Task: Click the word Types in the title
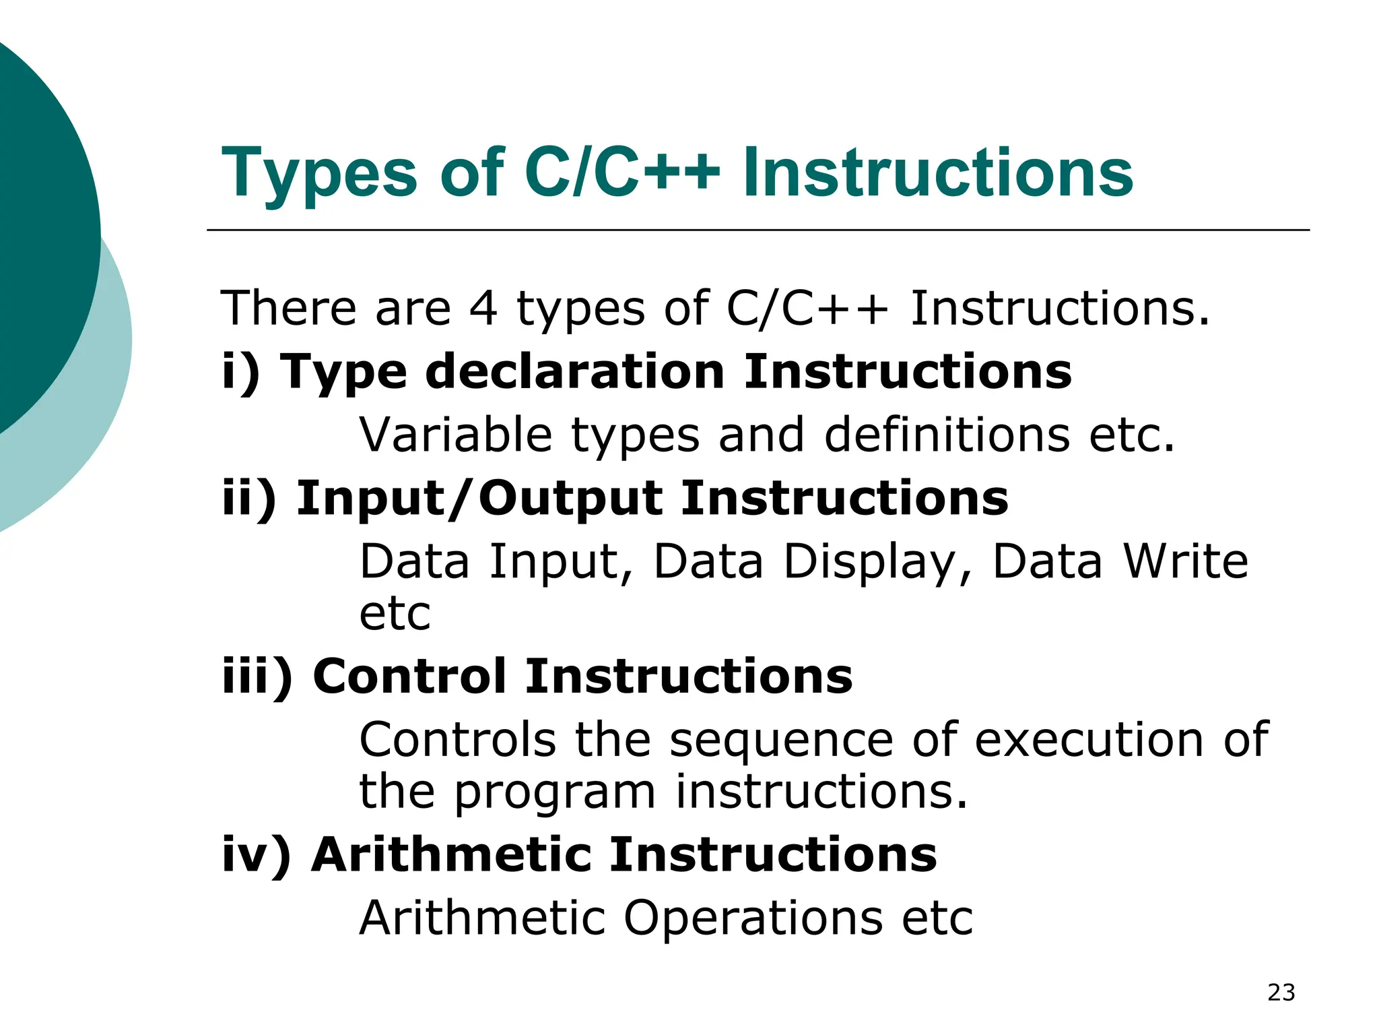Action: point(319,173)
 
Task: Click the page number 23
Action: point(1281,993)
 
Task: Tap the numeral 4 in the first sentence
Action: point(483,309)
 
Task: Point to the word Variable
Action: point(456,435)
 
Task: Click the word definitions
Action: point(947,435)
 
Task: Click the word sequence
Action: point(781,740)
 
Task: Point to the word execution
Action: point(1088,740)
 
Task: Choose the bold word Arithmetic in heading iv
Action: point(452,854)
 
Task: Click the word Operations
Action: point(753,918)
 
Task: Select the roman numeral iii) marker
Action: point(258,677)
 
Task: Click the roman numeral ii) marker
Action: point(249,499)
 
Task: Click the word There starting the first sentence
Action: point(288,309)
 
